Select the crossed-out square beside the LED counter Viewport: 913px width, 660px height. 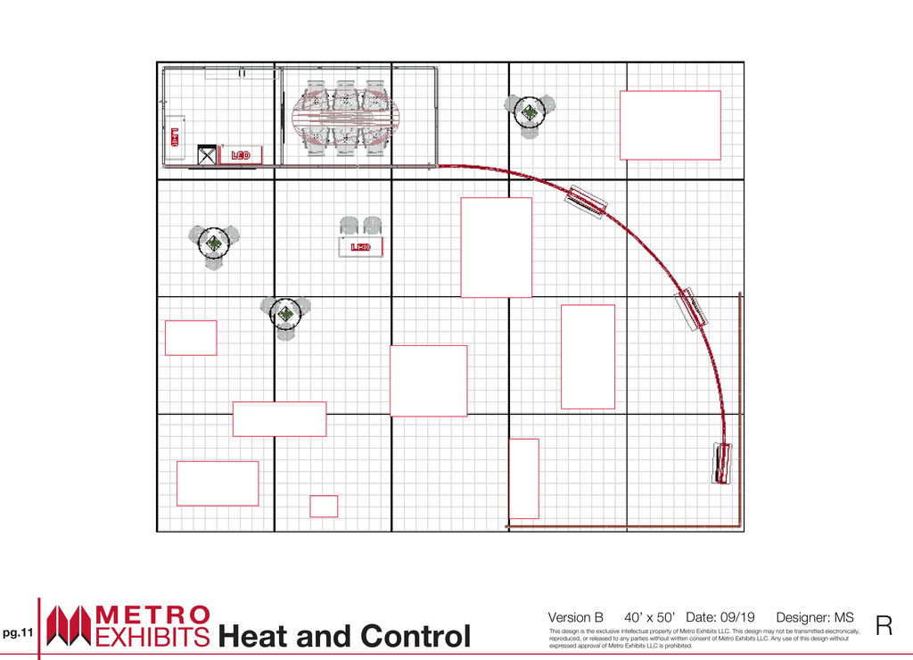[x=207, y=155]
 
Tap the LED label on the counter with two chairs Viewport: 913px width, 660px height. [x=360, y=247]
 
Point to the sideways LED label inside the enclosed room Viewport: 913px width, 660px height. [x=175, y=137]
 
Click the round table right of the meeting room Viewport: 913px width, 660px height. [x=530, y=112]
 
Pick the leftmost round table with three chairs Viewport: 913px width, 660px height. [x=214, y=243]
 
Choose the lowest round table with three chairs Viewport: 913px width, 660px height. [x=285, y=315]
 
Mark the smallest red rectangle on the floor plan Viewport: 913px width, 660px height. [x=324, y=507]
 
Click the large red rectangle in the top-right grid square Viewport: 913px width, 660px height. [x=670, y=125]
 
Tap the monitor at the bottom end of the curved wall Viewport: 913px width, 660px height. [x=722, y=463]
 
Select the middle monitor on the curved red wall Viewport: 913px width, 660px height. [x=691, y=309]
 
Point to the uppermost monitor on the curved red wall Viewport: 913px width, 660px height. [x=587, y=202]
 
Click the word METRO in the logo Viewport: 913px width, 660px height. [x=152, y=615]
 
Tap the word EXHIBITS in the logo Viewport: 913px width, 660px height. [x=152, y=638]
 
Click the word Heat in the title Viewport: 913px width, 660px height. [x=254, y=636]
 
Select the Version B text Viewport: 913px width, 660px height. [x=575, y=617]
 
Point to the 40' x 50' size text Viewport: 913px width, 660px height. [x=649, y=617]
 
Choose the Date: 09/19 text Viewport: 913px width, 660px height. [x=720, y=617]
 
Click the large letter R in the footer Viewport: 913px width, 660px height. [x=884, y=625]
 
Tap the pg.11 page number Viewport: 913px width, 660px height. [x=18, y=632]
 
